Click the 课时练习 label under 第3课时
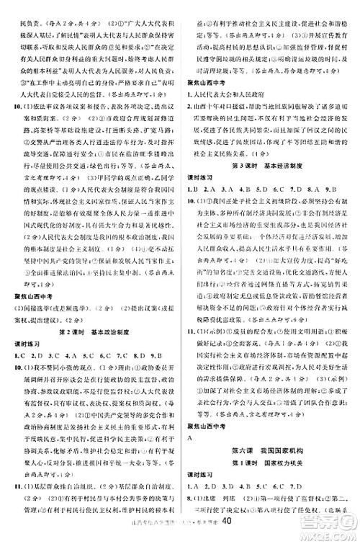tap(204, 175)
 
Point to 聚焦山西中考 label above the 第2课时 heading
tap(35, 298)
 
